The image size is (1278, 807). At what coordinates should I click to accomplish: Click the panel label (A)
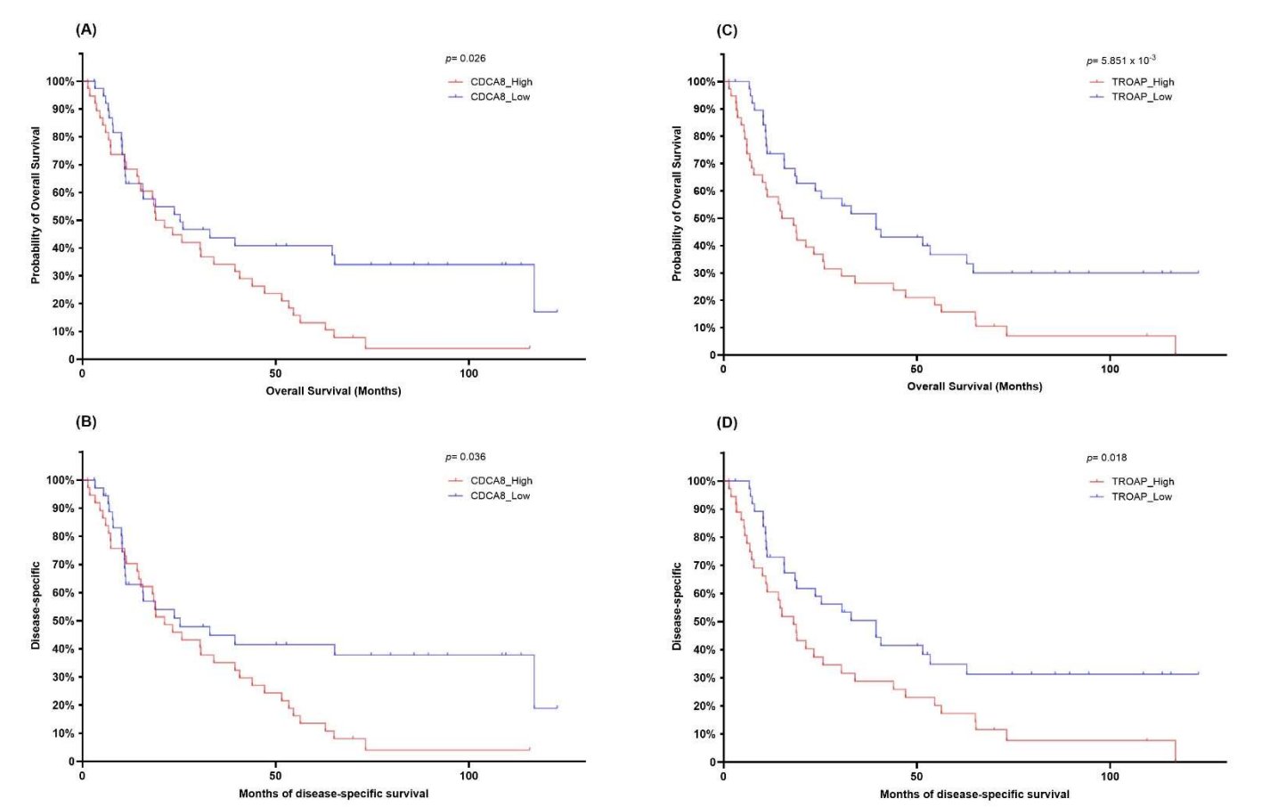pyautogui.click(x=85, y=29)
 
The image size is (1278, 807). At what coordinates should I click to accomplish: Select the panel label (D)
pyautogui.click(x=727, y=422)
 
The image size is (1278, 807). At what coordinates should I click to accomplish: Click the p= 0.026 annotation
pyautogui.click(x=465, y=59)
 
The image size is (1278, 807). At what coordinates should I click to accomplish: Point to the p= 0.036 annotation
pyautogui.click(x=465, y=457)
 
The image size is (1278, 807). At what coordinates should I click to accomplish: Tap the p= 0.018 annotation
pyautogui.click(x=1106, y=458)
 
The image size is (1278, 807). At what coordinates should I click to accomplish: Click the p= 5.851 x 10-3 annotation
pyautogui.click(x=1120, y=61)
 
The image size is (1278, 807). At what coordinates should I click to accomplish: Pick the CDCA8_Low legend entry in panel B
pyautogui.click(x=500, y=496)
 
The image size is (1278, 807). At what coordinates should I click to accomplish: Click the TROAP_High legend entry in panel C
pyautogui.click(x=1142, y=82)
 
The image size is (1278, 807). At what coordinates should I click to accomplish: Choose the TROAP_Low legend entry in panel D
pyautogui.click(x=1141, y=497)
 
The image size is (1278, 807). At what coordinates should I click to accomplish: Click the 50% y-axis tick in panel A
pyautogui.click(x=61, y=220)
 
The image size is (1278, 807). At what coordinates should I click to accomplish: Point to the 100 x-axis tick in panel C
pyautogui.click(x=1110, y=369)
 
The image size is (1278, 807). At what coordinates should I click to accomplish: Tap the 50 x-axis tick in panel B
pyautogui.click(x=275, y=776)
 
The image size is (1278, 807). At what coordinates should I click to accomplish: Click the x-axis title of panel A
pyautogui.click(x=333, y=391)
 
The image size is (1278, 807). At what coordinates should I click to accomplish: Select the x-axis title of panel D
pyautogui.click(x=974, y=794)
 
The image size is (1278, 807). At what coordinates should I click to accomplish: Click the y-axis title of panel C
pyautogui.click(x=677, y=204)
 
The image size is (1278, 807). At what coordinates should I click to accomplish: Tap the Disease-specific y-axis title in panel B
pyautogui.click(x=36, y=605)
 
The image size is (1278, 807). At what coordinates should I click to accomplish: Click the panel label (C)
pyautogui.click(x=727, y=30)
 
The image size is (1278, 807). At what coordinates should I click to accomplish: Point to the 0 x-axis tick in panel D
pyautogui.click(x=723, y=776)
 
